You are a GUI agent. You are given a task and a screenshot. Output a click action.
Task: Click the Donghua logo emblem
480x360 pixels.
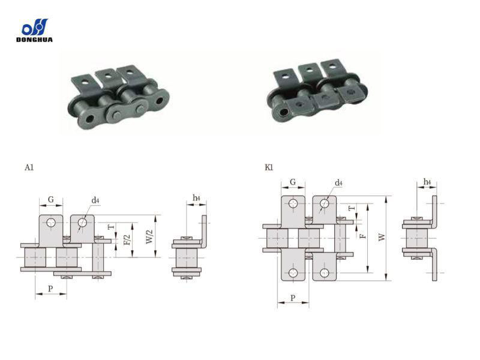35,27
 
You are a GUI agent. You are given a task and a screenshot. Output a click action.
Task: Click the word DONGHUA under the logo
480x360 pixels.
35,40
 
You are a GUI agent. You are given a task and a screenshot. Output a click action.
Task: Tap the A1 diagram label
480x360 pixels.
29,167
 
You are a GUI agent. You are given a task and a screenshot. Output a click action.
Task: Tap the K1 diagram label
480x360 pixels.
269,167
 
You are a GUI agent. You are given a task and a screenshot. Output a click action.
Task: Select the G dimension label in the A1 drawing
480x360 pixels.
51,199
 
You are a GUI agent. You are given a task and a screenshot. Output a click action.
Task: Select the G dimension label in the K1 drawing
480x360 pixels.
293,182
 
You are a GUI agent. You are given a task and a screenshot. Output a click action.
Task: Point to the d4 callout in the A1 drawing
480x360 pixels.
95,200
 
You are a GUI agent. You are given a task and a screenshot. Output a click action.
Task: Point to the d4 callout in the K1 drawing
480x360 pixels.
338,183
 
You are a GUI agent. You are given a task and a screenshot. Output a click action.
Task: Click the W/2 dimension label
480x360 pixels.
149,236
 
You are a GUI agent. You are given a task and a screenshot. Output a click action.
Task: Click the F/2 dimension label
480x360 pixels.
127,239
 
